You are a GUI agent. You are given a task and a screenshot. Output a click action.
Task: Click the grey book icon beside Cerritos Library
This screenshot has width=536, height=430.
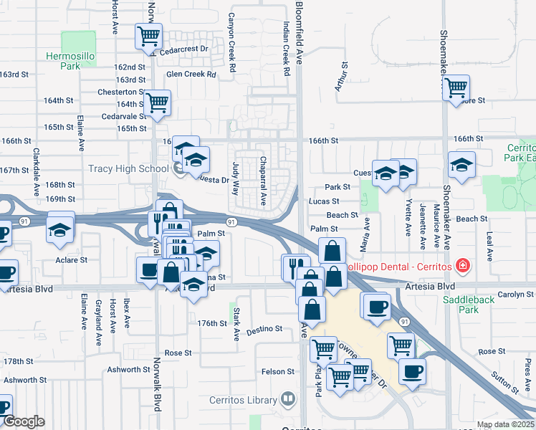287,398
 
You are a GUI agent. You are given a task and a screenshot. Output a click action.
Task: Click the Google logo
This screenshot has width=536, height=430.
23,422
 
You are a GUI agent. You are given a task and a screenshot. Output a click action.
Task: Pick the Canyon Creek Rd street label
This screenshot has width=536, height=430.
232,42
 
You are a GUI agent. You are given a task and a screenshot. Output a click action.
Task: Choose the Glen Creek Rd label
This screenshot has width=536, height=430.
191,74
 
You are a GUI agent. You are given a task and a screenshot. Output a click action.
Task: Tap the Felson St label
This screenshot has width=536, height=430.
278,371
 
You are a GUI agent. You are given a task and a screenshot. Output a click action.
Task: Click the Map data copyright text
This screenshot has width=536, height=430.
505,424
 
